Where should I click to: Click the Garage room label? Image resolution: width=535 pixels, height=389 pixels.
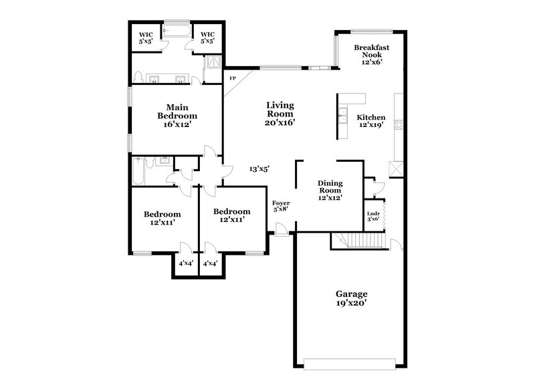click(x=351, y=298)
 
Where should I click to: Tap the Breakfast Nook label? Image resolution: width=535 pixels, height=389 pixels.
click(x=372, y=53)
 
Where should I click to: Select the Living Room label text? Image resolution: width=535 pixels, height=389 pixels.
click(x=280, y=114)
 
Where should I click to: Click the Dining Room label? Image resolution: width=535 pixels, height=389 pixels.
click(x=330, y=190)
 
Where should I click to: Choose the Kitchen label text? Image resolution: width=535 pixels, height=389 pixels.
click(x=370, y=120)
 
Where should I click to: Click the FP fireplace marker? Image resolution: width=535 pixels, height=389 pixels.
click(x=233, y=79)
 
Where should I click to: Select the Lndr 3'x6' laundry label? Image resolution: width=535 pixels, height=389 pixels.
click(x=373, y=217)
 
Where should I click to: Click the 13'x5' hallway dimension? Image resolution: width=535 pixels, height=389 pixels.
click(x=259, y=170)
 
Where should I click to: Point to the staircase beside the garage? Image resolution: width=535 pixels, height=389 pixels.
click(x=361, y=241)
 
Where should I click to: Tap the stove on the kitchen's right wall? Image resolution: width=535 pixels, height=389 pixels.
click(x=399, y=124)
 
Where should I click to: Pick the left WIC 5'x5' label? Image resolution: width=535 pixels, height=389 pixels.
click(x=146, y=38)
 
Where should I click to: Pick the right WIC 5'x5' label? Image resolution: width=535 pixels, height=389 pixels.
click(x=207, y=38)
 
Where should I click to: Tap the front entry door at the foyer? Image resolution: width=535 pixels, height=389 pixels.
click(x=282, y=231)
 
